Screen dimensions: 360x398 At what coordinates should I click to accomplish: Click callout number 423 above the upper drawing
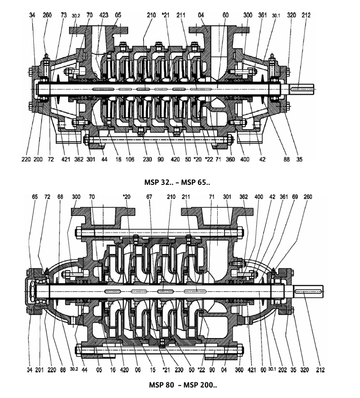coord(104,15)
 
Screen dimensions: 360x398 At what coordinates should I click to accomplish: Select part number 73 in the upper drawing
coord(64,15)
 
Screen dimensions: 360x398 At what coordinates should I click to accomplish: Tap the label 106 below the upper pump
coord(130,159)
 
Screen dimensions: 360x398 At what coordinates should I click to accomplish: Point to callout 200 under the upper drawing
coord(38,159)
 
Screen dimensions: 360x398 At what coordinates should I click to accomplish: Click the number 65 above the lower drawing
coord(35,197)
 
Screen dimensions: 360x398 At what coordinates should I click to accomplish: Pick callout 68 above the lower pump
coord(60,197)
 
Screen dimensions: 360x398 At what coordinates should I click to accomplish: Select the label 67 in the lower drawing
coord(149,197)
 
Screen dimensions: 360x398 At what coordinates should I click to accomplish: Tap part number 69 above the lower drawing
coord(295,197)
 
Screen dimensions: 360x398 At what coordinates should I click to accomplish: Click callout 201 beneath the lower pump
coord(39,370)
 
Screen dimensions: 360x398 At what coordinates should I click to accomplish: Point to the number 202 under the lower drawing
coord(283,370)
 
